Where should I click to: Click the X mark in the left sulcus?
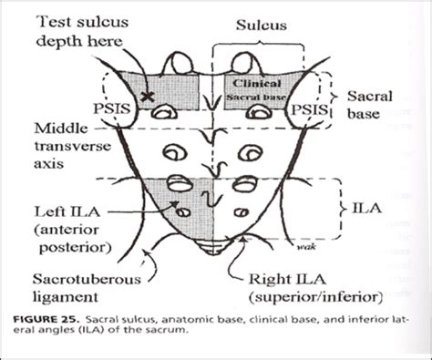pos(145,95)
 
